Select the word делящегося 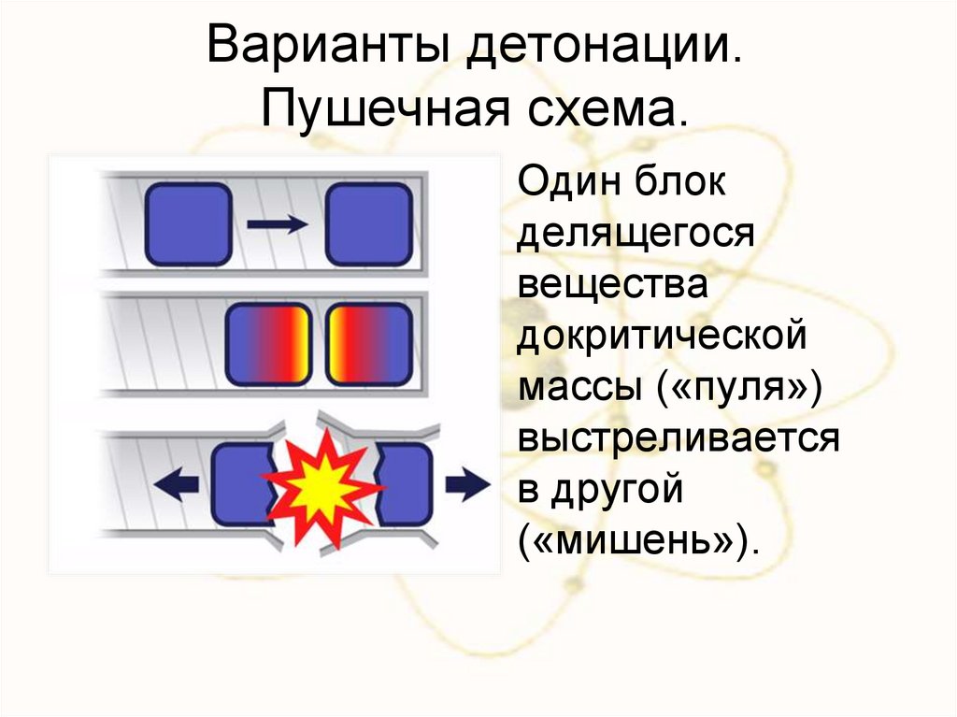click(x=636, y=233)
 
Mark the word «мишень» click(x=636, y=541)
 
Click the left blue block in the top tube click(x=188, y=223)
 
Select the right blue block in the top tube click(x=368, y=224)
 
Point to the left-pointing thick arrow click(x=177, y=482)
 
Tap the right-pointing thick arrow click(x=466, y=482)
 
